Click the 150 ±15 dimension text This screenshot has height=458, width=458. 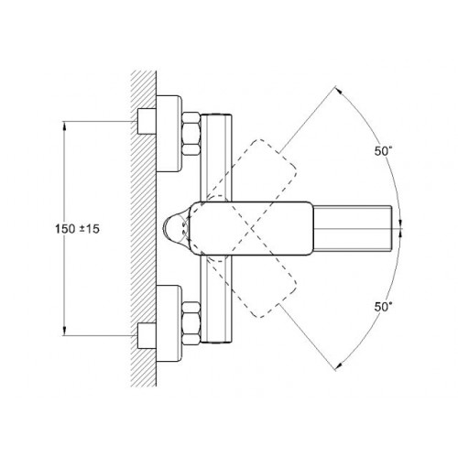(x=77, y=229)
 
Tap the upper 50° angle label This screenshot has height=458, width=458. (x=383, y=151)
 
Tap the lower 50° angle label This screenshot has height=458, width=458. (x=383, y=307)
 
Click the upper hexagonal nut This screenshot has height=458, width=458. (x=191, y=134)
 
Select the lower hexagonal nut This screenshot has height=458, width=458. (x=191, y=323)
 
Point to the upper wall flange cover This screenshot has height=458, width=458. (x=169, y=134)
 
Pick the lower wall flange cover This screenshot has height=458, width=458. (x=169, y=323)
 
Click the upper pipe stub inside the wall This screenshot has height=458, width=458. (x=147, y=121)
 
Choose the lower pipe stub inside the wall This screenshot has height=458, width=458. (x=147, y=336)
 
